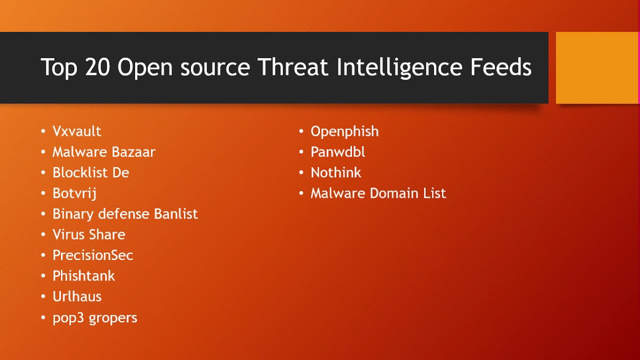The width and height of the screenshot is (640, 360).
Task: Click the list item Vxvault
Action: pyautogui.click(x=76, y=131)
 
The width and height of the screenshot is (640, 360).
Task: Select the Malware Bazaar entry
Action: pyautogui.click(x=104, y=152)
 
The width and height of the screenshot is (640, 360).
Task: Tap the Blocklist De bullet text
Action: pyautogui.click(x=90, y=172)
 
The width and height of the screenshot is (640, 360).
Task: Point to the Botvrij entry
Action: pyautogui.click(x=74, y=193)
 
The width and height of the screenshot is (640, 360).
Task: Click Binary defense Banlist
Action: pyautogui.click(x=125, y=214)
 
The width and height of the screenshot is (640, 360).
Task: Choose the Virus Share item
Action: pyautogui.click(x=88, y=234)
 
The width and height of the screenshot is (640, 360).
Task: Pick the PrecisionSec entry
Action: pyautogui.click(x=92, y=255)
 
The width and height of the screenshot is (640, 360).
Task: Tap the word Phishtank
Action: pyautogui.click(x=83, y=276)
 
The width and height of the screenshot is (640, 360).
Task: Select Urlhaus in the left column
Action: pyautogui.click(x=77, y=296)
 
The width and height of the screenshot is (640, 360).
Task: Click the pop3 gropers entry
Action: pyautogui.click(x=94, y=318)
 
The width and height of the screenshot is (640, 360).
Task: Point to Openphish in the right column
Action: pyautogui.click(x=344, y=131)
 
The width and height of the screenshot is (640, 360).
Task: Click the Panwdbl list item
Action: pyautogui.click(x=337, y=152)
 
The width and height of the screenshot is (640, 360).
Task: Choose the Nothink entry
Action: pyautogui.click(x=335, y=172)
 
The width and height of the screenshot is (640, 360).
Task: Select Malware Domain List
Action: pyautogui.click(x=378, y=193)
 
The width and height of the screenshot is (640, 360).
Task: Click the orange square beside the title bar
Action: pyautogui.click(x=597, y=67)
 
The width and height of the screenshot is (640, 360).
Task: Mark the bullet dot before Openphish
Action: pyautogui.click(x=301, y=131)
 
